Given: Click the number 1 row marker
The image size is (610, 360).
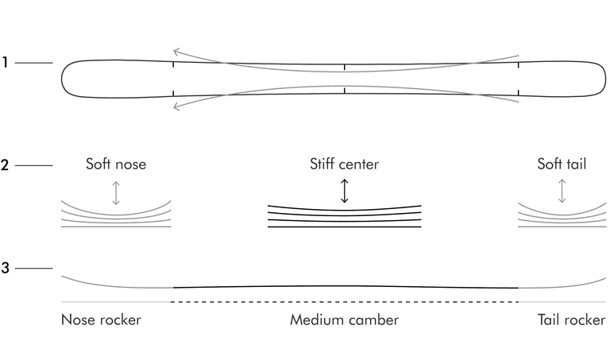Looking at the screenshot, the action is coord(5,62).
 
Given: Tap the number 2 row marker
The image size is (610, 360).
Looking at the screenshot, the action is coord(5,165).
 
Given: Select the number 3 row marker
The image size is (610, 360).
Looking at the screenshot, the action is coord(5,268).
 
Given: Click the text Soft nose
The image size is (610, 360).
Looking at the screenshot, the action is coord(116,164).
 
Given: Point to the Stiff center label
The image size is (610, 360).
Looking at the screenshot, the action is coord(344,164).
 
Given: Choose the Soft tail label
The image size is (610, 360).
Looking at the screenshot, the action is coord(562,164).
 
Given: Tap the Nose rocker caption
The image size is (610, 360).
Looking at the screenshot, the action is coord(101,319).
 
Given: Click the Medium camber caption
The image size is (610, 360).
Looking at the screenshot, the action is coord(344,319).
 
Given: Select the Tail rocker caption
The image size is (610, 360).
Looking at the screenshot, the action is coord(572,319).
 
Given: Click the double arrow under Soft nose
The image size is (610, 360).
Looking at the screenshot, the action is coord(116,192).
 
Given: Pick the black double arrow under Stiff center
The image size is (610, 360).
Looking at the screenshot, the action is coord(344,191).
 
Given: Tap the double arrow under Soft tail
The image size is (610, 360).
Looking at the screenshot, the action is coord(562,191).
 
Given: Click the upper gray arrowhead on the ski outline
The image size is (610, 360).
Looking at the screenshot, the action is coord(176,52).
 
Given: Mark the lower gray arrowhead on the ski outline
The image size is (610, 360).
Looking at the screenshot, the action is coord(176,106).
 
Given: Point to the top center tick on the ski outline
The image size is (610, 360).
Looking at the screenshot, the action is coord(344,68).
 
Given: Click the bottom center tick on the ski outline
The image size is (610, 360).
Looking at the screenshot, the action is coord(344,91).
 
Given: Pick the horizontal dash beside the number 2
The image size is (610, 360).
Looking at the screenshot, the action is coord(34,165).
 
